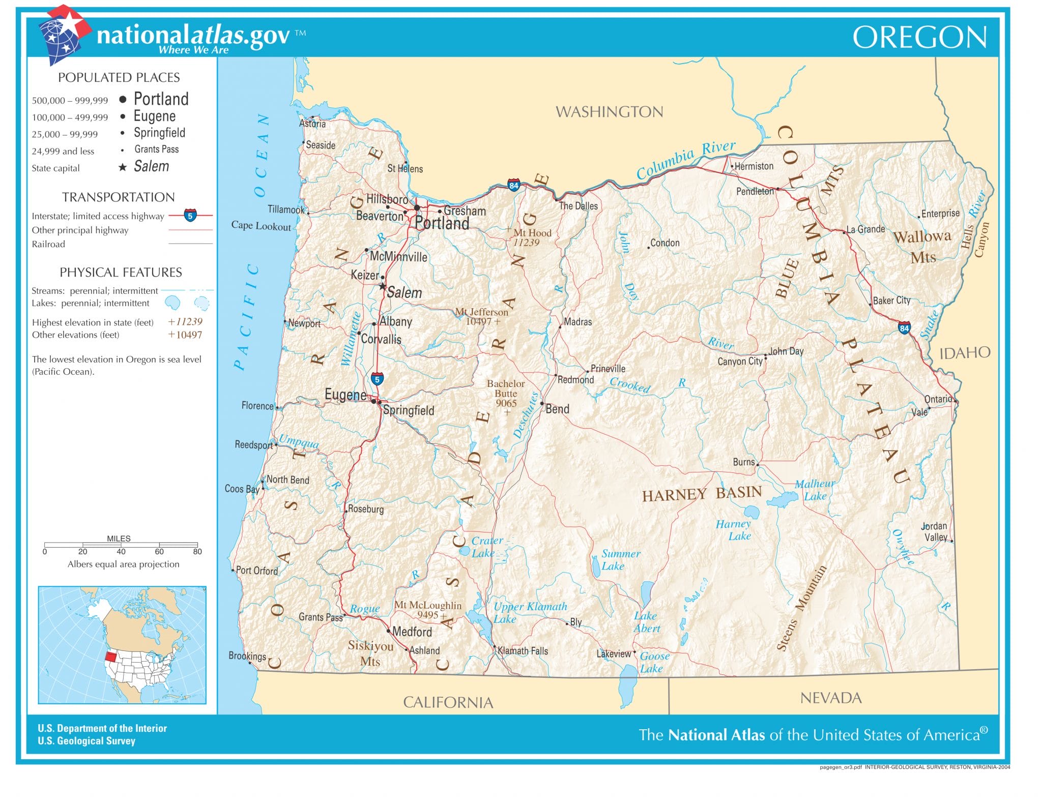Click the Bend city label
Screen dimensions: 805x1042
pos(557,409)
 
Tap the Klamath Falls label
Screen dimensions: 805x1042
pos(523,651)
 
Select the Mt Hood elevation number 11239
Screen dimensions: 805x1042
pos(526,243)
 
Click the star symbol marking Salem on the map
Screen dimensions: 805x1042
pos(383,286)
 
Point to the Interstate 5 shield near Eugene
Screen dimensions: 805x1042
pos(377,379)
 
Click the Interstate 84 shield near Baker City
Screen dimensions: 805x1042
pos(904,328)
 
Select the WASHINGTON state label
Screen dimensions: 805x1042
pos(609,112)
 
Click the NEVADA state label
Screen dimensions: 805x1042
pos(830,698)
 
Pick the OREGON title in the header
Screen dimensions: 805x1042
pos(919,38)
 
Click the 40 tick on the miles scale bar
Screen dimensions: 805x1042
pos(121,551)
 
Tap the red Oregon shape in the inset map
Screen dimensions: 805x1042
pos(110,657)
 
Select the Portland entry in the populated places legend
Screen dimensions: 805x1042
pos(161,99)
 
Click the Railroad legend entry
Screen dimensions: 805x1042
pos(48,244)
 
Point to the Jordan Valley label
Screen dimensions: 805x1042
pos(935,531)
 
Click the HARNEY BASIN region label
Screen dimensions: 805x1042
pos(702,494)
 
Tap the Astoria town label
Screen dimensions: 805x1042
pos(312,124)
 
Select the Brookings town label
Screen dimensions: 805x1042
pos(247,656)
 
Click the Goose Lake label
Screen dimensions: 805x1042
pos(653,662)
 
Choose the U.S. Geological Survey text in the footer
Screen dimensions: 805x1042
pos(86,741)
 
